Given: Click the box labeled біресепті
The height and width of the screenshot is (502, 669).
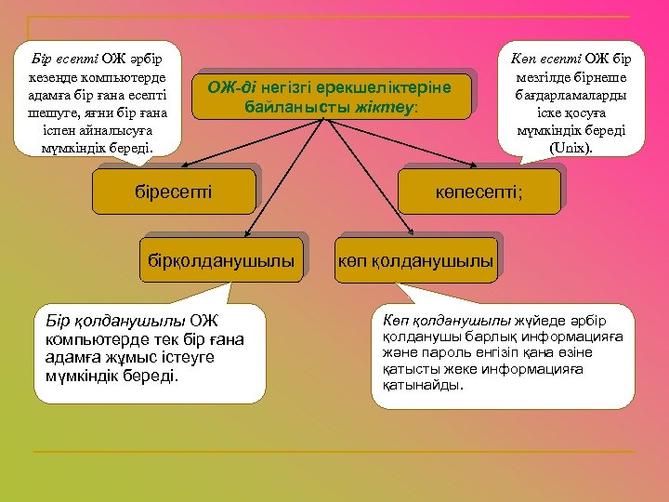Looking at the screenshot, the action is (174, 192).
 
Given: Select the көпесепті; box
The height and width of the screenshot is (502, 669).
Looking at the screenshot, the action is (479, 192).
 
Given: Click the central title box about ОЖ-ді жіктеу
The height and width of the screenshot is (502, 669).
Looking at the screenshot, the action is (331, 97).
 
